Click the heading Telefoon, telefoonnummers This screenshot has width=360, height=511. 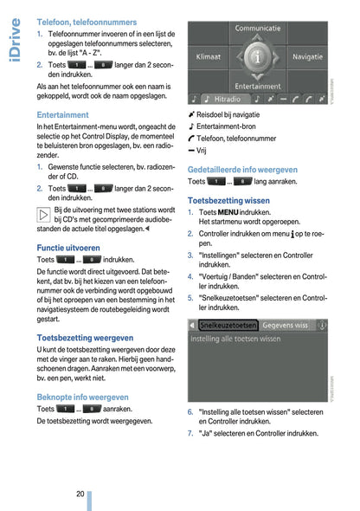[x=87, y=21]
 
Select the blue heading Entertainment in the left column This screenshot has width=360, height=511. [x=62, y=114]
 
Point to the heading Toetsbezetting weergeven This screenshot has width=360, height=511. [x=85, y=338]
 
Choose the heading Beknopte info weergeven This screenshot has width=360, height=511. [x=82, y=397]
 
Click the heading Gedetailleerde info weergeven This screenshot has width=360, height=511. [x=242, y=170]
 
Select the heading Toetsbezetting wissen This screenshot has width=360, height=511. [x=228, y=201]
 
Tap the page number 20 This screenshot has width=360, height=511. [x=80, y=493]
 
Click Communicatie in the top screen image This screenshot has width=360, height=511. [x=257, y=29]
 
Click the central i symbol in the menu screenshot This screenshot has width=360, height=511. [x=257, y=57]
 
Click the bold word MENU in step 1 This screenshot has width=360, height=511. [x=228, y=212]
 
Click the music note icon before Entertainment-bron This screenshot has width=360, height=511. [x=191, y=126]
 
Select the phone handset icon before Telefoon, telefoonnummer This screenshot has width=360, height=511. [x=191, y=138]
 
